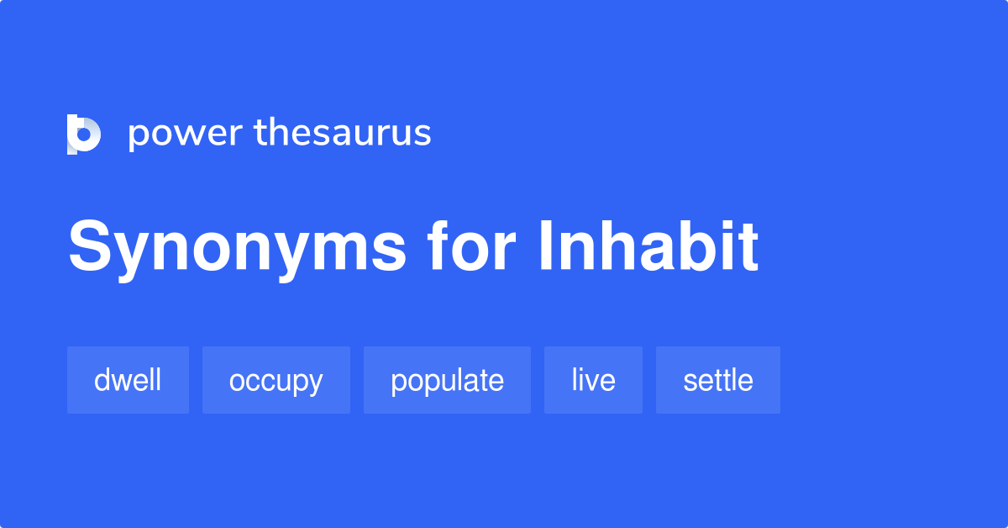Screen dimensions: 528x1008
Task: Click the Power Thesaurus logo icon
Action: click(x=84, y=134)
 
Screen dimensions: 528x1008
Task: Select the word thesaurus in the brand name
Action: click(x=343, y=133)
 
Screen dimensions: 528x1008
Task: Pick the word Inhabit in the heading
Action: click(x=648, y=247)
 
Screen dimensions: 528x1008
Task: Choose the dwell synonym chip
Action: click(x=128, y=380)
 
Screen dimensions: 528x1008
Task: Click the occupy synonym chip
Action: click(x=276, y=380)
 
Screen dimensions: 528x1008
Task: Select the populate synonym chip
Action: click(x=447, y=380)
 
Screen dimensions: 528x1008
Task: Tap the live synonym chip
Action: click(x=593, y=380)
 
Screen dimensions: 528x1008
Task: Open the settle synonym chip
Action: click(x=717, y=380)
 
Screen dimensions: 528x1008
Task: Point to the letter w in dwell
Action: click(x=123, y=381)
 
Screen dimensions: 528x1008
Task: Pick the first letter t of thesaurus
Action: click(x=260, y=133)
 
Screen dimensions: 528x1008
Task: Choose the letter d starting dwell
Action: click(x=102, y=380)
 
